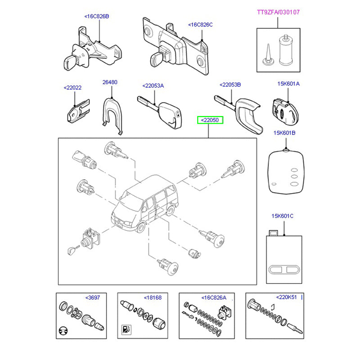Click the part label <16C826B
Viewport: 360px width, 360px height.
click(97, 17)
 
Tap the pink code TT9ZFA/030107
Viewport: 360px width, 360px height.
click(277, 12)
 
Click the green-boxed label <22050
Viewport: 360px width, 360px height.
click(210, 120)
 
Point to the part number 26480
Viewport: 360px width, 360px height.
click(110, 82)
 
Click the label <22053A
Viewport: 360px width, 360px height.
click(153, 85)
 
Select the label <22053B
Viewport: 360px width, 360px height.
click(230, 85)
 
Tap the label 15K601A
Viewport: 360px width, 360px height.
click(288, 84)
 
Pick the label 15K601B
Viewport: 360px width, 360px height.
click(284, 133)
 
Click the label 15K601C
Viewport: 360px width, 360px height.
click(282, 216)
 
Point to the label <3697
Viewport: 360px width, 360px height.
click(93, 297)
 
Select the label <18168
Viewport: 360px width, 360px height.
click(153, 297)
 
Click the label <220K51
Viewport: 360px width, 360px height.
click(286, 297)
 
